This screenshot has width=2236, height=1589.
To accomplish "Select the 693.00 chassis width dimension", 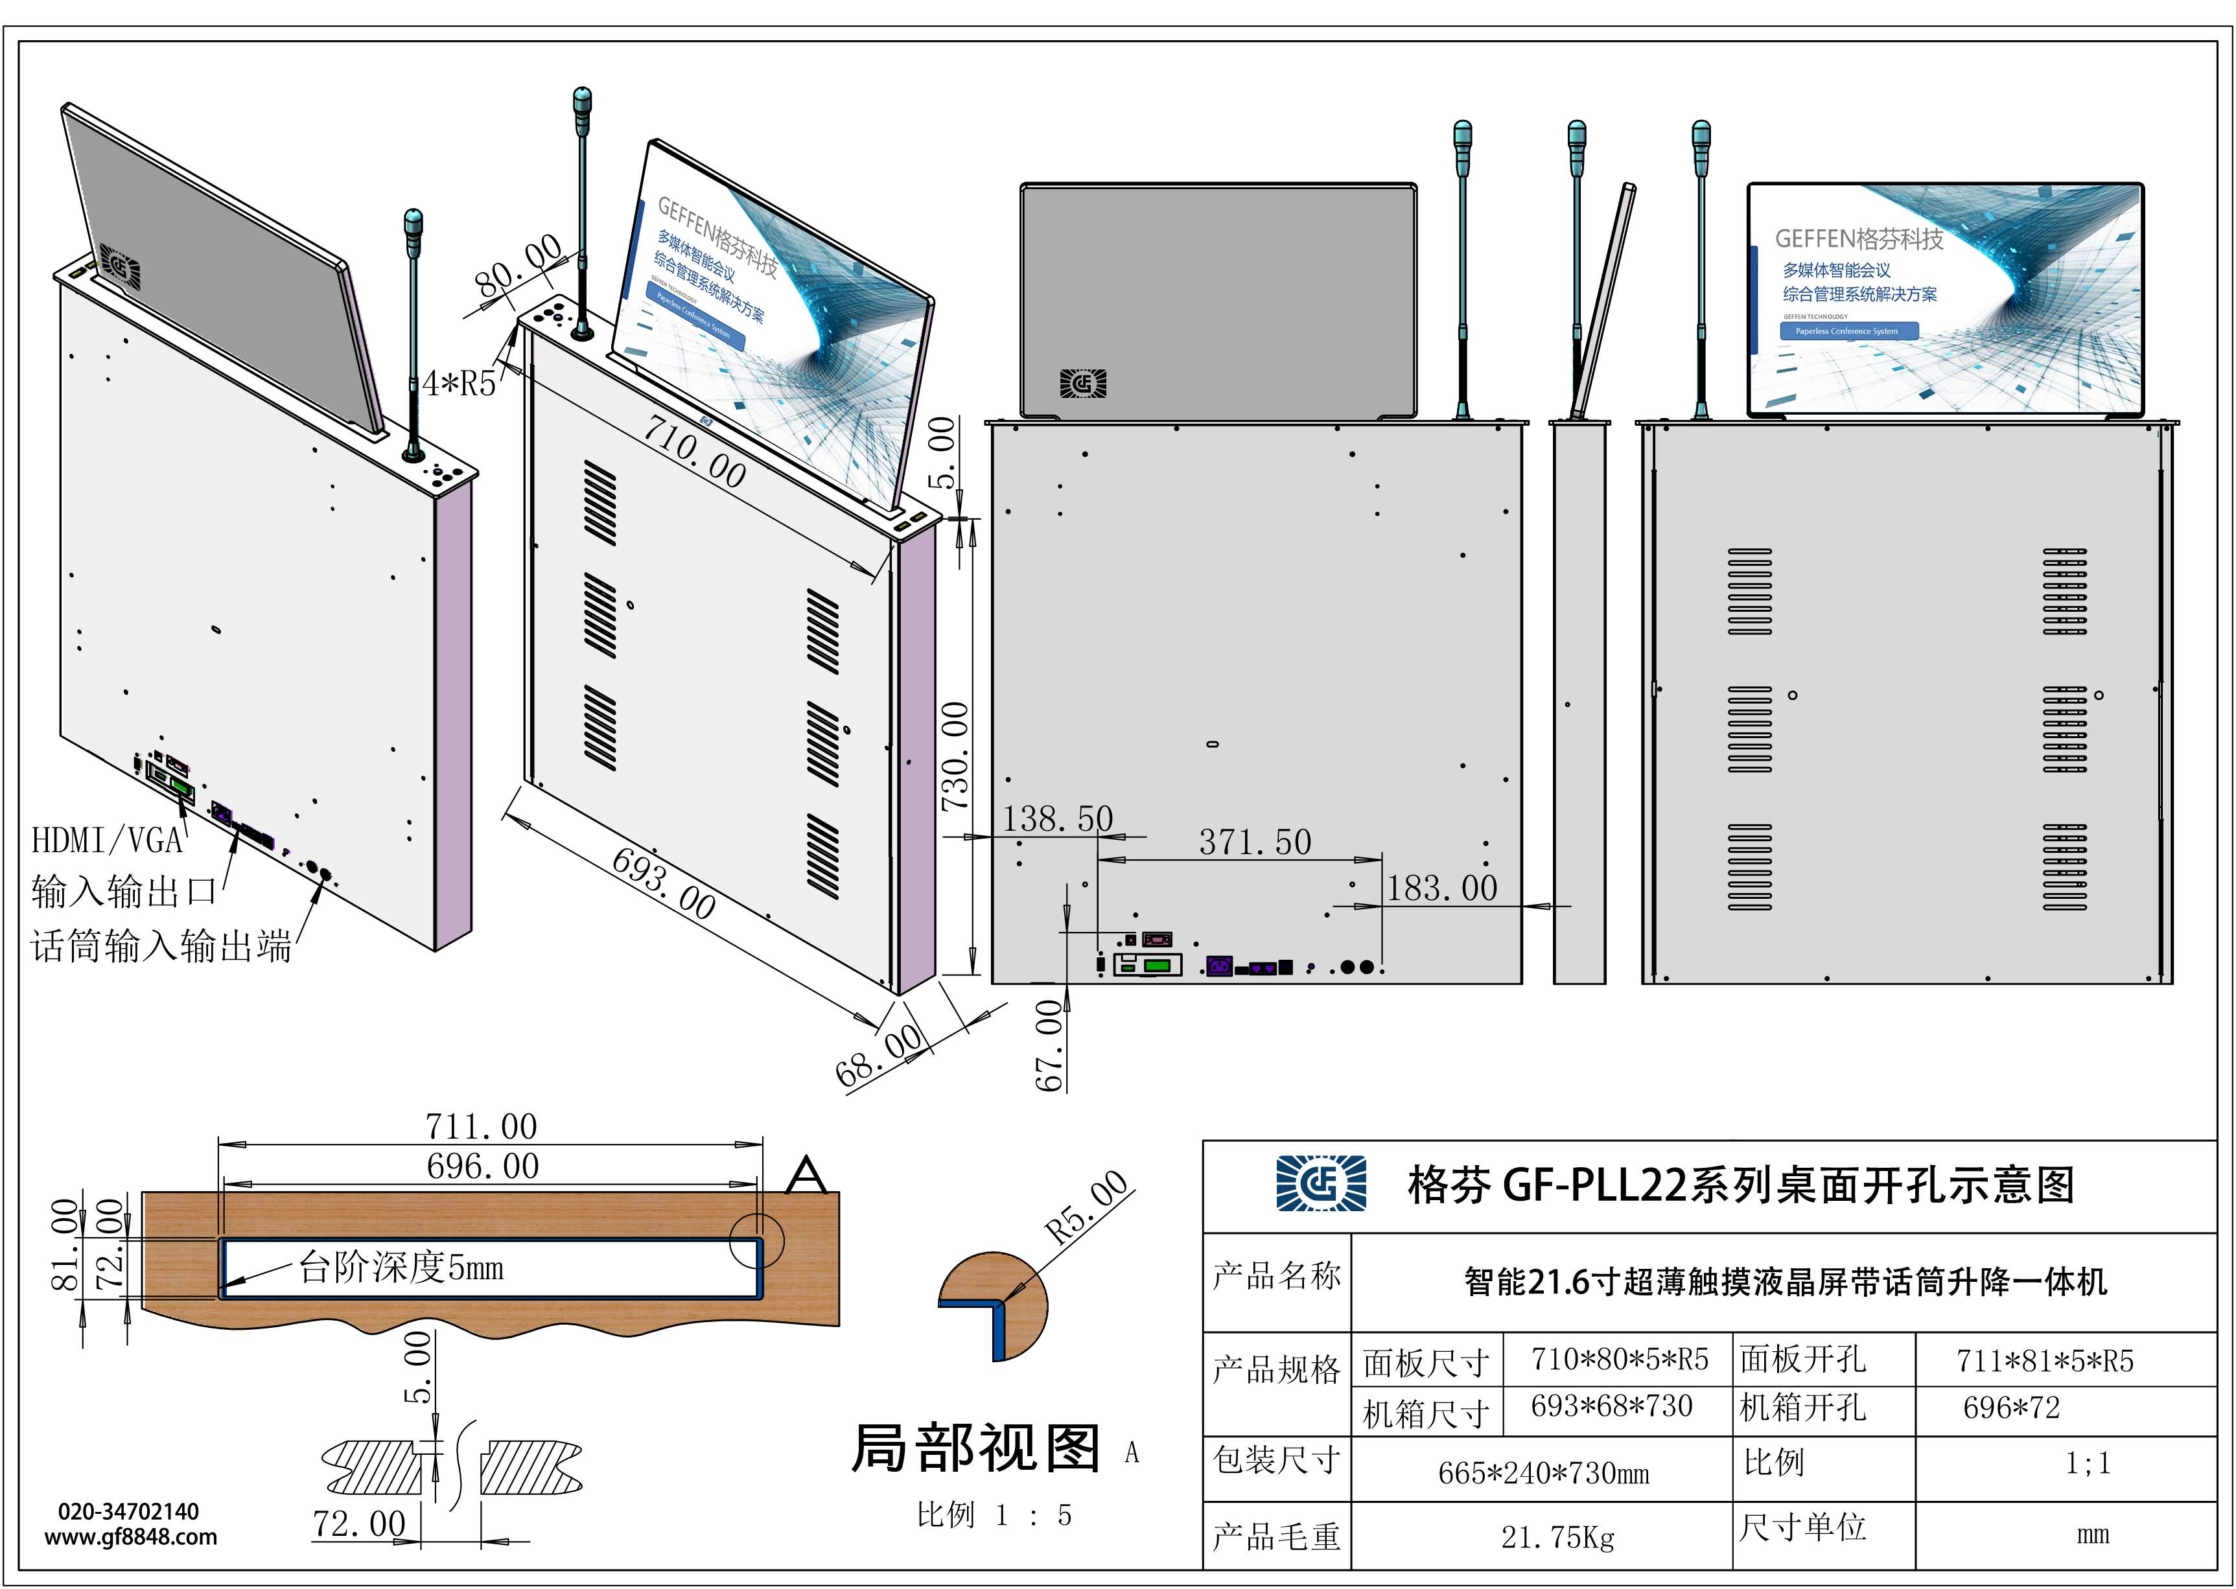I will tap(664, 883).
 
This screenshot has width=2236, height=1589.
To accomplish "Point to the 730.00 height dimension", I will tap(955, 756).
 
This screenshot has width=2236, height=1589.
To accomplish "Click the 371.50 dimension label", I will tap(1255, 841).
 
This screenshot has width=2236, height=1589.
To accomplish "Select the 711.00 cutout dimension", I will tap(482, 1126).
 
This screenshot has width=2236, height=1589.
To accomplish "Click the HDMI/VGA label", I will tap(108, 839).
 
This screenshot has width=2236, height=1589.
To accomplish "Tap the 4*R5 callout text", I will tap(459, 384).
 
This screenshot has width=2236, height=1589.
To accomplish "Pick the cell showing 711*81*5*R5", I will tap(2044, 1360).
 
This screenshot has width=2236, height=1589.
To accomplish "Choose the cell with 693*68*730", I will tap(1611, 1406).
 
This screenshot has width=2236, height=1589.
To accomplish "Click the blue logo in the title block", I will tap(1321, 1184).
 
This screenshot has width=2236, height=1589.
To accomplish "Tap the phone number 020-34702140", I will tap(128, 1512).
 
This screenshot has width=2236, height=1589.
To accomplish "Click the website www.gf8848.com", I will tap(131, 1537).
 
